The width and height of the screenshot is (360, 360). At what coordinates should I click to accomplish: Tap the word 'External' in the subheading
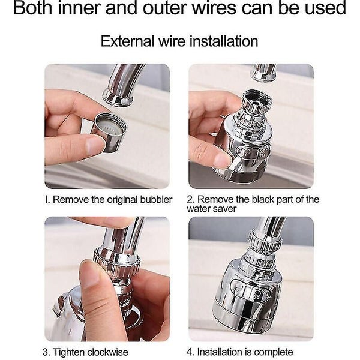click(125, 41)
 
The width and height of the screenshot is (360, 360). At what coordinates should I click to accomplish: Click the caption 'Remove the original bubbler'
click(112, 200)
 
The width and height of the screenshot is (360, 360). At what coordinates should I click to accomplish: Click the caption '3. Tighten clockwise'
click(86, 352)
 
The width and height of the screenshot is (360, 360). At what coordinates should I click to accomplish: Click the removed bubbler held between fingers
click(109, 131)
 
